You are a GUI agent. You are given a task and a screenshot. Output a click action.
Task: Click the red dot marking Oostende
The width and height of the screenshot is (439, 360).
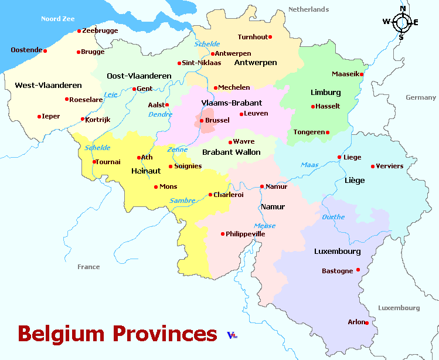pos(45,50)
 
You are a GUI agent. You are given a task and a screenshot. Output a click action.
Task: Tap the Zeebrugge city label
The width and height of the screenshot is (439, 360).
pos(100,30)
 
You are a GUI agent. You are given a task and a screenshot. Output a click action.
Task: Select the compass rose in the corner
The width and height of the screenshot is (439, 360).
pos(401,22)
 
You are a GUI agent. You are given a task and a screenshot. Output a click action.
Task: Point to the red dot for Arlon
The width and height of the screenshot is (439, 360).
pos(367,322)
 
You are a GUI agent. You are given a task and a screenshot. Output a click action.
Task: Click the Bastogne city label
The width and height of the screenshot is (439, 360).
pos(338,271)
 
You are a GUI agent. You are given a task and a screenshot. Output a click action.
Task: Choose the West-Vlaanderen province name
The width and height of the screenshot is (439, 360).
pos(40,86)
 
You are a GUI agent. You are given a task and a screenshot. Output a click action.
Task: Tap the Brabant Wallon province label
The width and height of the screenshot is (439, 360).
pos(231,152)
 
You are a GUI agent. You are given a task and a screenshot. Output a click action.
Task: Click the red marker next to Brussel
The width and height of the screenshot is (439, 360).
pos(201,121)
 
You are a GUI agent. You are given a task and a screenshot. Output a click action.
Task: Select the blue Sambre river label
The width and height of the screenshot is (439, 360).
pos(182,201)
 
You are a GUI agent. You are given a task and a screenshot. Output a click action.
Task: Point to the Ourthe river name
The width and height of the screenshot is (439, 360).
pos(333,217)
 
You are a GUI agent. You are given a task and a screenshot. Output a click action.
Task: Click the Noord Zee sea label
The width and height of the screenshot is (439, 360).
pos(57,19)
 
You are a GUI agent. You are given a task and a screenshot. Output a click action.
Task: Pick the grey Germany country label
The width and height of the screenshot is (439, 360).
pos(420,97)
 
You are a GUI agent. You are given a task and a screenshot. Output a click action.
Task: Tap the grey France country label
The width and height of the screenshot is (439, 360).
pos(89,267)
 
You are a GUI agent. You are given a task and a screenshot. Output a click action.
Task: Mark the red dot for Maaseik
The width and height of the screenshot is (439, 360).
pos(362,74)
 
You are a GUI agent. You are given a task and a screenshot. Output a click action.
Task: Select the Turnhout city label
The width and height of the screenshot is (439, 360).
pos(253,37)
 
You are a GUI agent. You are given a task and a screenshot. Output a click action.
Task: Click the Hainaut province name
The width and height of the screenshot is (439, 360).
pos(146,171)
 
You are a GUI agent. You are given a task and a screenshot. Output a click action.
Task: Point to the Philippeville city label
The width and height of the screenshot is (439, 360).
pos(246,234)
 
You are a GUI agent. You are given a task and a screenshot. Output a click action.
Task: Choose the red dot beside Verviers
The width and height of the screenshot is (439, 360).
pos(372,167)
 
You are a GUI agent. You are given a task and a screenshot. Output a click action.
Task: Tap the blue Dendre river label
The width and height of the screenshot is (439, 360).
pos(160,115)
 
